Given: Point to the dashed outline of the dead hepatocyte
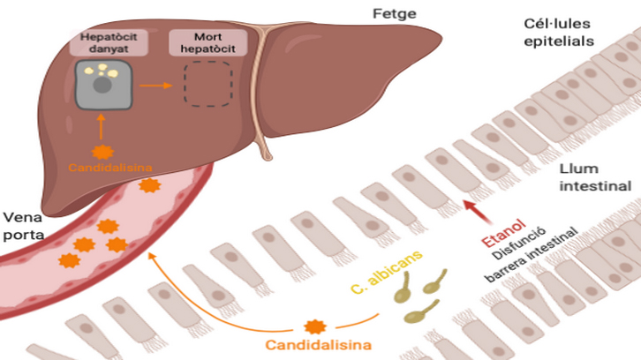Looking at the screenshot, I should (207, 86).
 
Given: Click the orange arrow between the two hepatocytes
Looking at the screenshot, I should (155, 86).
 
